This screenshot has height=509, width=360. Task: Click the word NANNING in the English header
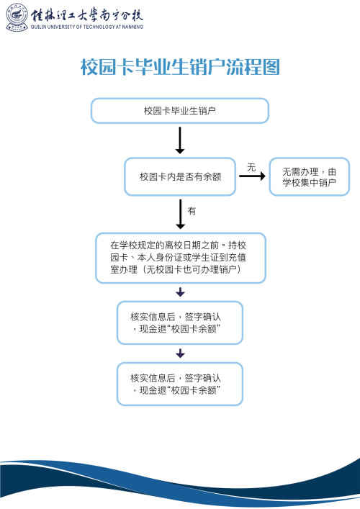click(x=130, y=27)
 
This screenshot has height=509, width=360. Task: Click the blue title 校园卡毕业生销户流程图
click(x=179, y=68)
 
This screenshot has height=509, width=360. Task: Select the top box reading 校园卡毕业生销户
click(x=179, y=111)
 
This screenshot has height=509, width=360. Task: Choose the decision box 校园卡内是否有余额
click(x=179, y=176)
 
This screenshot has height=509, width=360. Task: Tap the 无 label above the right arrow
click(x=251, y=167)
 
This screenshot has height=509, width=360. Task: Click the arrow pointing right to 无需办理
click(x=251, y=177)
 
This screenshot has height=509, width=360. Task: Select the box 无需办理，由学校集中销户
click(x=309, y=176)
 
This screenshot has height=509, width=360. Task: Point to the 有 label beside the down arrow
click(x=192, y=212)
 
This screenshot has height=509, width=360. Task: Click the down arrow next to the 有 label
click(x=180, y=214)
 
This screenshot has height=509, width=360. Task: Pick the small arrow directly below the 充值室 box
click(x=180, y=292)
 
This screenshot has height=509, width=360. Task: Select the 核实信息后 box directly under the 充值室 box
click(x=179, y=323)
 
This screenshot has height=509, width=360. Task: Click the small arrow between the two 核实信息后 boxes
click(x=180, y=353)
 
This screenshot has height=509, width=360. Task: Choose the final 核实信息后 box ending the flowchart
click(x=179, y=384)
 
